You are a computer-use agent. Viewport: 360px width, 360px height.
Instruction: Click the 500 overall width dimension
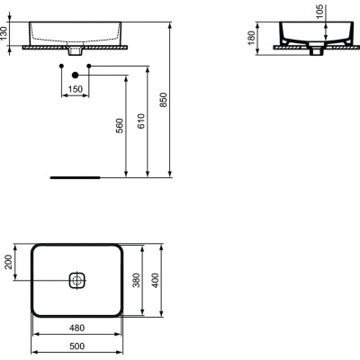click(x=76, y=346)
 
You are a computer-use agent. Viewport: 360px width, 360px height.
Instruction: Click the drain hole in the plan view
click(x=76, y=280)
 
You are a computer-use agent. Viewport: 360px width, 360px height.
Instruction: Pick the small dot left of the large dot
click(x=59, y=67)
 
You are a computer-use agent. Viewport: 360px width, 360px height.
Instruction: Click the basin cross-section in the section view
click(x=314, y=36)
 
